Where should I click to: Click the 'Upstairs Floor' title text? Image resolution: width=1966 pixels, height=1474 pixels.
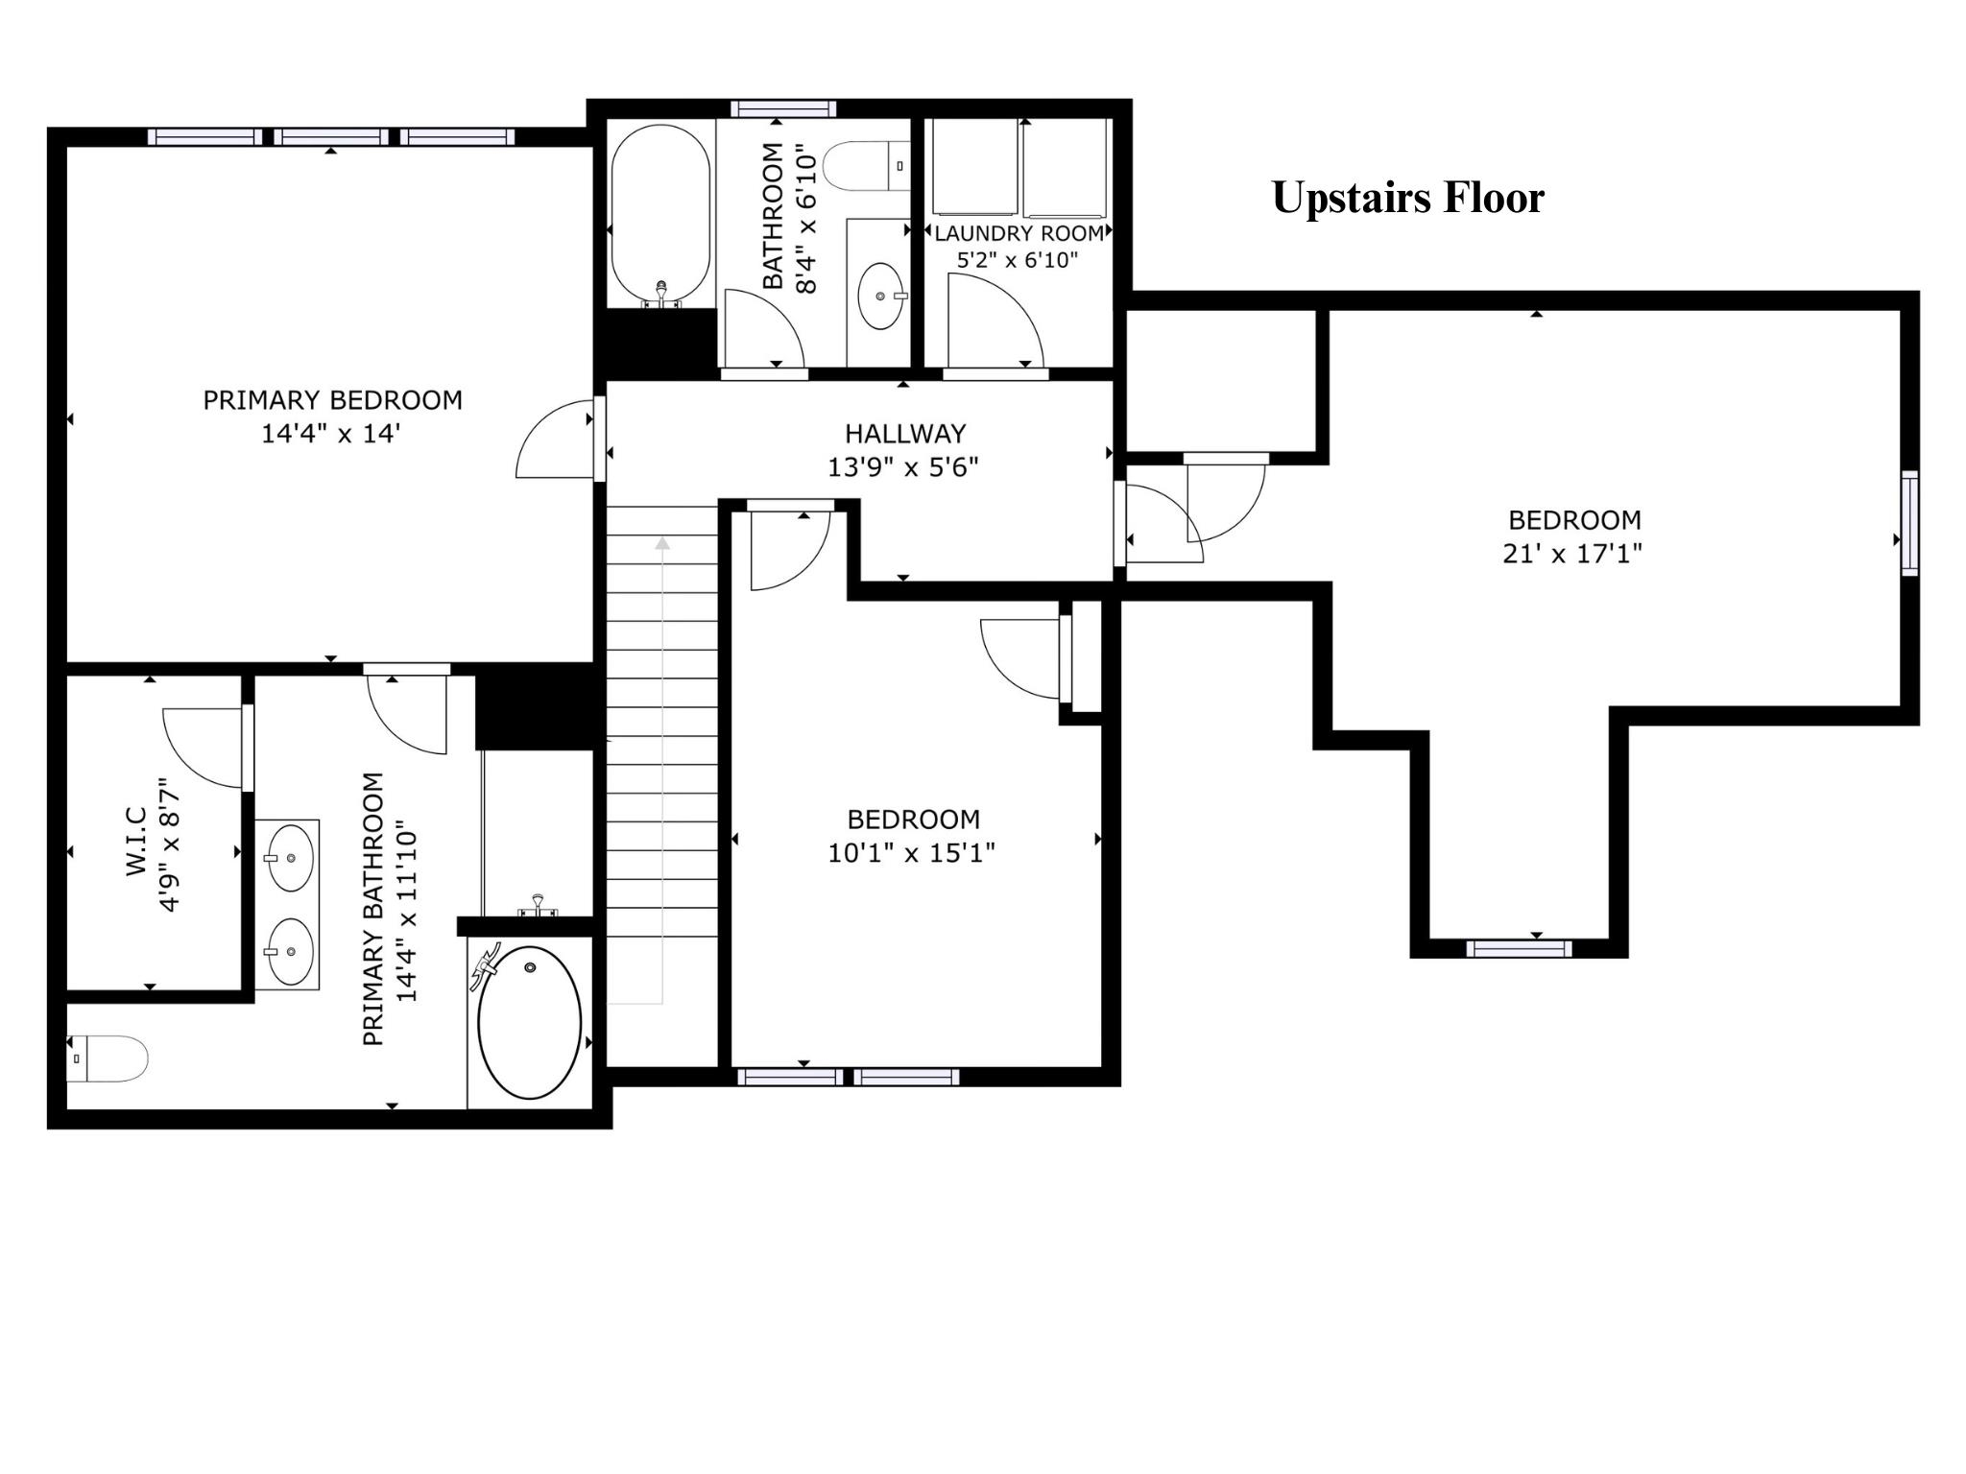(x=1408, y=198)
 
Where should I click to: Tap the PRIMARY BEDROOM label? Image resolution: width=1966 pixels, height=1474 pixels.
(x=332, y=400)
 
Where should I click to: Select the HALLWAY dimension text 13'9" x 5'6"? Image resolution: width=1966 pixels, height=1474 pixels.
(x=903, y=467)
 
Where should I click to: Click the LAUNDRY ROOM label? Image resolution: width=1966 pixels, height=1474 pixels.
(x=1019, y=233)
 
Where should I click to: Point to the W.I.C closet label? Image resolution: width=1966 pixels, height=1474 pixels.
(x=136, y=840)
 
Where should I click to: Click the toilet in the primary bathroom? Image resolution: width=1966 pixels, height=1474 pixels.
(x=107, y=1058)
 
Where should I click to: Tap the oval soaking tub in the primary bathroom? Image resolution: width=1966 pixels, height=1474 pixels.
(x=529, y=1022)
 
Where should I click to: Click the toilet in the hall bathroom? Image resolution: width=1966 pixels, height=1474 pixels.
(x=867, y=165)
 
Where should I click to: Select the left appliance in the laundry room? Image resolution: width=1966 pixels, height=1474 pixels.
(x=975, y=167)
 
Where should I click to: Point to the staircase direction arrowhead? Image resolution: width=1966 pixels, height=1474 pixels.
(x=662, y=544)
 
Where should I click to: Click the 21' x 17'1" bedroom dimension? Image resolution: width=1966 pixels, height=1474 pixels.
(x=1572, y=554)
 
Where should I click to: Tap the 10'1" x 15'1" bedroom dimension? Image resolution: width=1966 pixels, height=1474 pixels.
(x=912, y=852)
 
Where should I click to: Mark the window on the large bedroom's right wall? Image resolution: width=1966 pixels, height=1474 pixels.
(x=1910, y=523)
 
